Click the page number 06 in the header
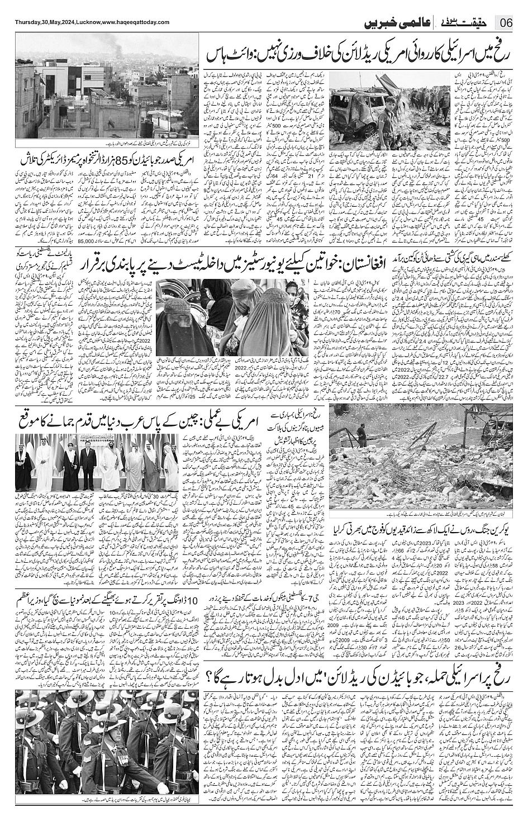507,23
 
